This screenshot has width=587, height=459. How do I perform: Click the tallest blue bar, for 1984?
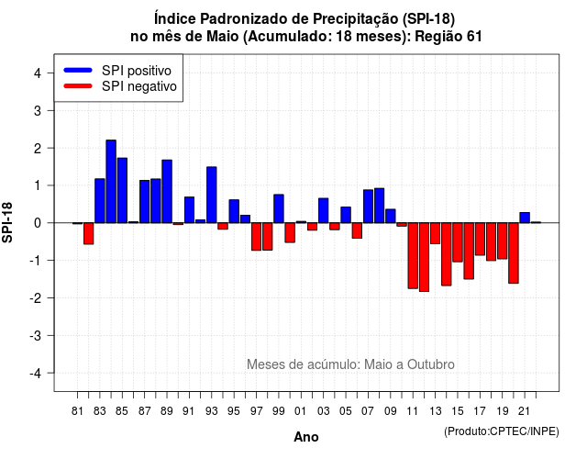pos(111,182)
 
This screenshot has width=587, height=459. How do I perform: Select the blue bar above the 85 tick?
pos(122,190)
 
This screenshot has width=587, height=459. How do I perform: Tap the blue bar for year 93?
pos(212,195)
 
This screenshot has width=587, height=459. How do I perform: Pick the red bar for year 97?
pos(256,237)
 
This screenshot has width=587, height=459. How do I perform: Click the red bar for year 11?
pos(413,255)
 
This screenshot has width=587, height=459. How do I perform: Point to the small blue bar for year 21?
pos(525,218)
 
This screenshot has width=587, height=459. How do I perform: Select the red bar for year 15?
pos(458,242)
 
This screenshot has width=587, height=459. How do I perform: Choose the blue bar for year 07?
pos(368,206)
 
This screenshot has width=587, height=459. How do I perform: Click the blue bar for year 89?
pos(167,192)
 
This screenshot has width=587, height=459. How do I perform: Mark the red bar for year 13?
pos(435,233)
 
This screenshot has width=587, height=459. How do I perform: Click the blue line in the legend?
pos(78,70)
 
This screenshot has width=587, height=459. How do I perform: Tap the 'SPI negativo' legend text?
pos(138,86)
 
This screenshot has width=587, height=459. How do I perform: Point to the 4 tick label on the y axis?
pos(38,73)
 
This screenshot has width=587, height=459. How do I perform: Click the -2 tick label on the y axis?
pos(36,297)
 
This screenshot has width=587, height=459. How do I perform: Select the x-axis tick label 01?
pos(301,411)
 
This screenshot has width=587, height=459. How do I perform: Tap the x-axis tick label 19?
pos(502,411)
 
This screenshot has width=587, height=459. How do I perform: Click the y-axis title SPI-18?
pos(7,222)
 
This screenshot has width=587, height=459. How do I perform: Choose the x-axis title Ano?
pos(306,437)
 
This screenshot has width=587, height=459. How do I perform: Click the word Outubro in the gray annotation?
pos(431,364)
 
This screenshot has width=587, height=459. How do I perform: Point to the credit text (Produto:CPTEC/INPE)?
pos(502,431)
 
